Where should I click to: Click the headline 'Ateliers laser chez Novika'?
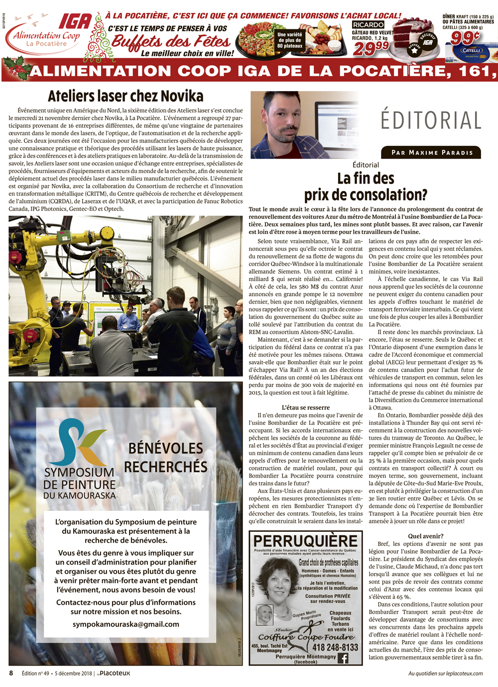tap(125, 96)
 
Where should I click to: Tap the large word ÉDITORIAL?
tap(431, 120)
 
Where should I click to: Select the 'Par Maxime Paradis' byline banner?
tap(431, 152)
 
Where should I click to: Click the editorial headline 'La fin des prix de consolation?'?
tap(366, 187)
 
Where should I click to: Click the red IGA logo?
tap(75, 22)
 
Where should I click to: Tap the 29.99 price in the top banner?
tap(371, 49)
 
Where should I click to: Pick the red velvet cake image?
tap(412, 36)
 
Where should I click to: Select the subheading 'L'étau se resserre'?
tap(306, 407)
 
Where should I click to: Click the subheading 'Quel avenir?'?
tap(425, 536)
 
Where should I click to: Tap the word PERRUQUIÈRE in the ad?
tap(305, 541)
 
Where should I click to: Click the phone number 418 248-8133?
tap(335, 647)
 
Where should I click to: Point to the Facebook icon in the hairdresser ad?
tap(343, 658)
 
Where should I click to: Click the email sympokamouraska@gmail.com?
tap(126, 624)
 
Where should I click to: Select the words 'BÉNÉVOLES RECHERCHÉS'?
tap(165, 457)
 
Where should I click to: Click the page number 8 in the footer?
tap(11, 673)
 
